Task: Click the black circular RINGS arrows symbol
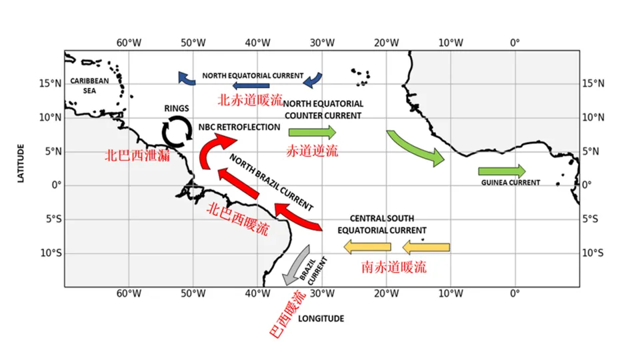tap(177, 131)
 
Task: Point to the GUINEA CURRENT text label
tap(510, 183)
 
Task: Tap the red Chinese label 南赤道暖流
tap(393, 267)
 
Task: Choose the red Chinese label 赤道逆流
tap(311, 150)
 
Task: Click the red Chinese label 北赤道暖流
tap(250, 99)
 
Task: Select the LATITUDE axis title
tap(21, 163)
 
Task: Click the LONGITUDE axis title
tap(321, 319)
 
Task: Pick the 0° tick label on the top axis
tap(515, 43)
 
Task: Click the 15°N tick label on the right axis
tap(593, 83)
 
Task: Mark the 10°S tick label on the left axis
tap(51, 253)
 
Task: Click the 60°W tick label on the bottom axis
tap(129, 293)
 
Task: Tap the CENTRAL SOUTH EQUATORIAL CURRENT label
tap(382, 224)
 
